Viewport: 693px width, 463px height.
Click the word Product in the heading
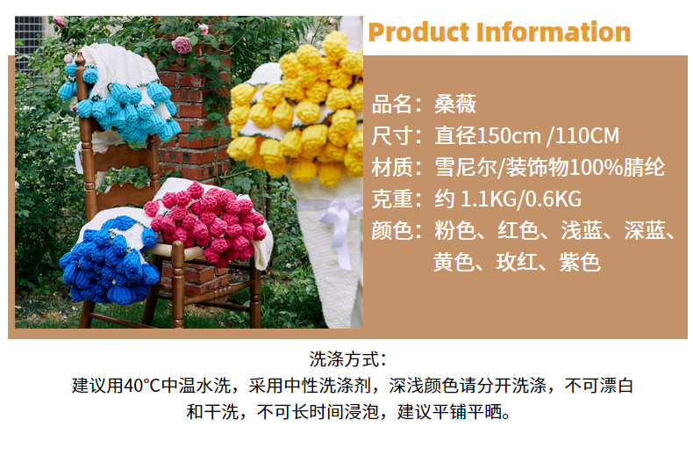click(x=418, y=33)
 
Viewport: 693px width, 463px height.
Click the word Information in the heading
click(x=553, y=33)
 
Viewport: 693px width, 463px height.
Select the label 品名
click(x=391, y=104)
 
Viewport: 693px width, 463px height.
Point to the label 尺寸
click(x=391, y=135)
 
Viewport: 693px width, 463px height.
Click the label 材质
click(x=391, y=167)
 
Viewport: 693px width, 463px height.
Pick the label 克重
click(x=391, y=199)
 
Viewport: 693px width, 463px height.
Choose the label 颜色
click(x=391, y=230)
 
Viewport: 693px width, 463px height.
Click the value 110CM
click(x=587, y=135)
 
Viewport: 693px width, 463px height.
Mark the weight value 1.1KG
click(x=491, y=199)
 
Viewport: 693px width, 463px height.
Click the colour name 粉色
click(x=455, y=230)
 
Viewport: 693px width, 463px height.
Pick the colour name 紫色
click(x=582, y=262)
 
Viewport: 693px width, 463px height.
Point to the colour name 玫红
click(x=518, y=262)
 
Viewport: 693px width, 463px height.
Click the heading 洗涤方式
click(x=347, y=359)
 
